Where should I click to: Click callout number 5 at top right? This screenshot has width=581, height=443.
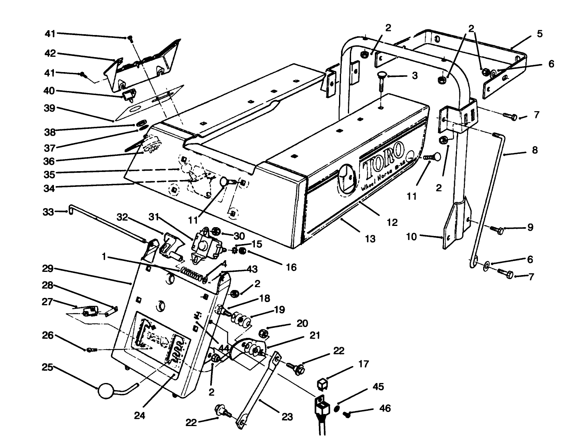click(x=540, y=34)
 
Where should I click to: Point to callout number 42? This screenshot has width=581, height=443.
click(x=50, y=54)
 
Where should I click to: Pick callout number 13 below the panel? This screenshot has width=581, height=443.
click(x=370, y=239)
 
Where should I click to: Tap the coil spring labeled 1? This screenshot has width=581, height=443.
click(x=192, y=273)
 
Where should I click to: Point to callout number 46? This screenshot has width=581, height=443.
click(x=385, y=408)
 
